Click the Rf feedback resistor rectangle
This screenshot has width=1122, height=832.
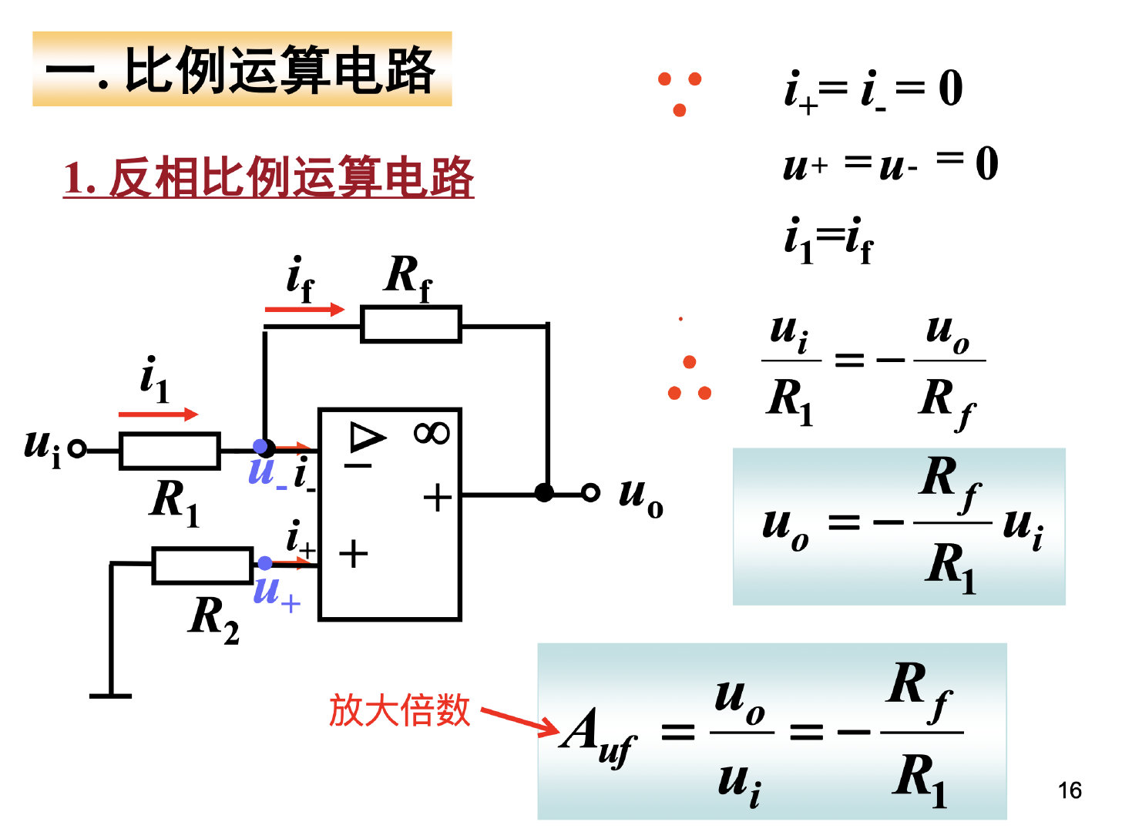(x=411, y=324)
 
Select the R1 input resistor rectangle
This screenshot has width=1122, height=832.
(x=170, y=451)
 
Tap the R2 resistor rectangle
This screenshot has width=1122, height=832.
(x=202, y=565)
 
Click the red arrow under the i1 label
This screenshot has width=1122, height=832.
(x=158, y=414)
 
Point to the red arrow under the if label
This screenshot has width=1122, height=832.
(x=304, y=310)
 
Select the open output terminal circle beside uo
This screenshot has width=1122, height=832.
(x=590, y=492)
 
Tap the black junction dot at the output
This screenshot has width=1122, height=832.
(x=544, y=492)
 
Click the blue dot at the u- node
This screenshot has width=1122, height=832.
(x=260, y=447)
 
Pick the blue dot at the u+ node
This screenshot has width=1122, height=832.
(x=264, y=563)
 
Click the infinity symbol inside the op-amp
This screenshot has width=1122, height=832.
(x=432, y=433)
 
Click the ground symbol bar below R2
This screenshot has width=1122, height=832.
(x=111, y=696)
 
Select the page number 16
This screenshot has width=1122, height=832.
(x=1070, y=790)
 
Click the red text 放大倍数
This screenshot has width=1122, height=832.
(x=399, y=710)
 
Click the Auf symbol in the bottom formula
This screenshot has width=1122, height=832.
(x=597, y=736)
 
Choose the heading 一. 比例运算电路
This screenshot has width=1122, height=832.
(x=242, y=69)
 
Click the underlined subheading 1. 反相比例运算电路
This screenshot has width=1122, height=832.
(x=268, y=177)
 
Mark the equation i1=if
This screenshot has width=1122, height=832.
(x=828, y=240)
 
